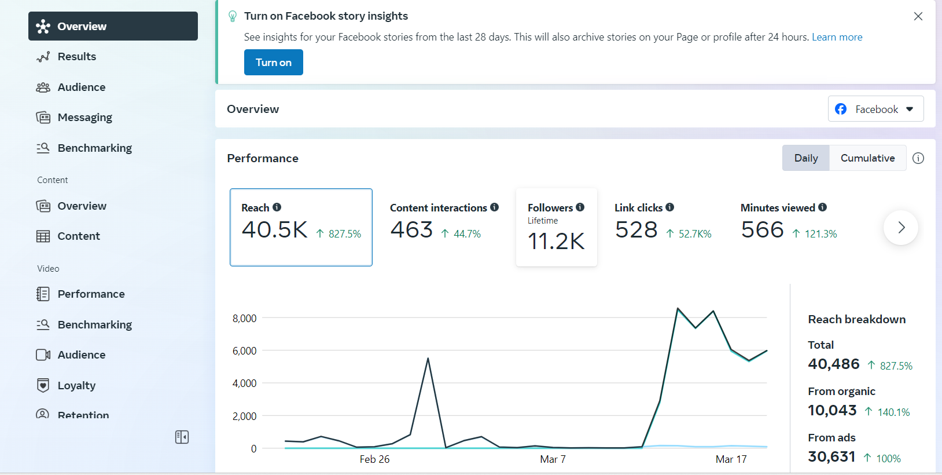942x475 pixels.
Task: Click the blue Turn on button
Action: click(273, 63)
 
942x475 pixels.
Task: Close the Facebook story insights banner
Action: click(918, 16)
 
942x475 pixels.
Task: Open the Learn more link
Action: click(837, 37)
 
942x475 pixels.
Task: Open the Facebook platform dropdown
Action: click(875, 109)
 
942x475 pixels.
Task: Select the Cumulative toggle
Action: click(867, 158)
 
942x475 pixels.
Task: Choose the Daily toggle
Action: click(806, 158)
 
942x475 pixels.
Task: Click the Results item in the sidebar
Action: click(76, 56)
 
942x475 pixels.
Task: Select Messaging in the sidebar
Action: click(84, 118)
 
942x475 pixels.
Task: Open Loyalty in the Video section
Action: click(76, 385)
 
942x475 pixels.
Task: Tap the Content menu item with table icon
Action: click(79, 236)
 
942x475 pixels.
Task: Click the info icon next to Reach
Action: click(277, 207)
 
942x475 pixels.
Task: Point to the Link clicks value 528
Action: click(636, 230)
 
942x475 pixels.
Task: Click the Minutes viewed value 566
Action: click(762, 230)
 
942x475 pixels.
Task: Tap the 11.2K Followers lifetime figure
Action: click(556, 242)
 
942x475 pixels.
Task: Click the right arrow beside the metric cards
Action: click(901, 228)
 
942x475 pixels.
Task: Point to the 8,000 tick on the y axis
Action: click(244, 319)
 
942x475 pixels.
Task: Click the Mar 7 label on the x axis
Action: click(553, 459)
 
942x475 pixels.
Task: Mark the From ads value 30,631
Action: click(831, 457)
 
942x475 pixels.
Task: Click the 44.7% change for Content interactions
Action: click(467, 234)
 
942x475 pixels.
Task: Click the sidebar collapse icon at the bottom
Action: click(182, 437)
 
